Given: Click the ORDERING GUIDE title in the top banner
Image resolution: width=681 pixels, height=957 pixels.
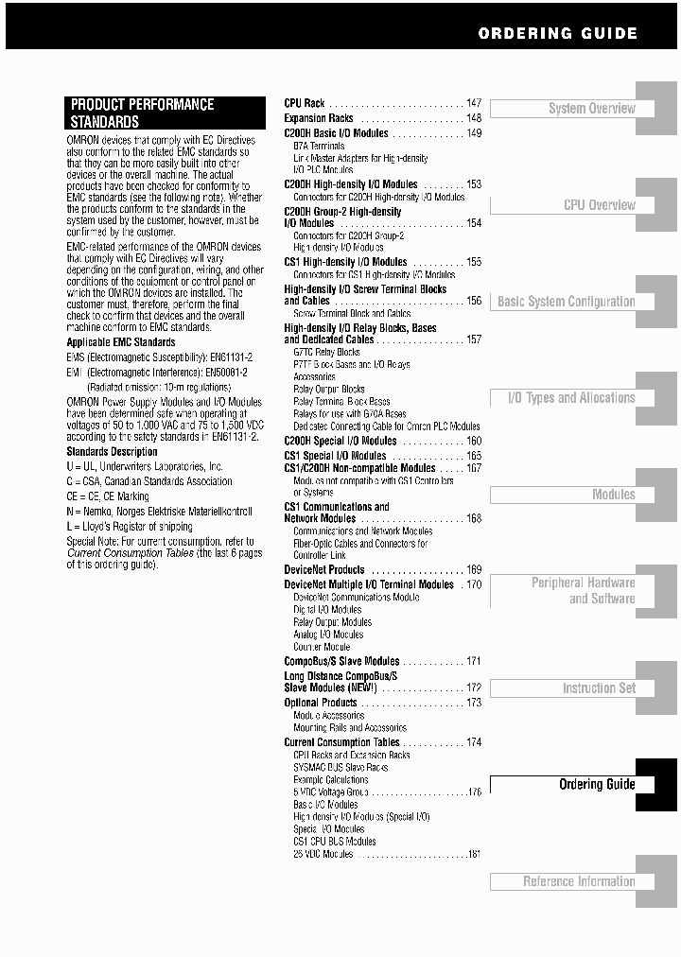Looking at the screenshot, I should [x=557, y=33].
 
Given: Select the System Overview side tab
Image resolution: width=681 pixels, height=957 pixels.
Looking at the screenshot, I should [x=591, y=109].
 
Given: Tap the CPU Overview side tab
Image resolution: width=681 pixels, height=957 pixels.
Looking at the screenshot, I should [x=599, y=205].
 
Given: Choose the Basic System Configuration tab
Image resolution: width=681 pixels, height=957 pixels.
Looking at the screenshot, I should [x=566, y=302].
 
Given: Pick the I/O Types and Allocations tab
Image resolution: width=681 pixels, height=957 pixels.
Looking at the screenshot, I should [x=571, y=398].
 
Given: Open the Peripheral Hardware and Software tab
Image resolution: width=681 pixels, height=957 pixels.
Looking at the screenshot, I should [x=583, y=591].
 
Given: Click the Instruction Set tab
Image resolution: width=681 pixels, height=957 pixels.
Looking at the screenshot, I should [x=599, y=688].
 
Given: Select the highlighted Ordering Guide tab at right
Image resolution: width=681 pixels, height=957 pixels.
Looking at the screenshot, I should [x=596, y=784].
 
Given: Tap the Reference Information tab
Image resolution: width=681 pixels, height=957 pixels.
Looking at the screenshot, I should [x=579, y=881].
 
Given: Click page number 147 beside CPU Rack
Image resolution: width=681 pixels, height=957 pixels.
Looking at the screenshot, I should [x=473, y=103].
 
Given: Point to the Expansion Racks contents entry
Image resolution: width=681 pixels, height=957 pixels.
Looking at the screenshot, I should [x=319, y=118].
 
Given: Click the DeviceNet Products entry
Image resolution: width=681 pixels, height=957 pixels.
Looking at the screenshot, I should [x=324, y=570].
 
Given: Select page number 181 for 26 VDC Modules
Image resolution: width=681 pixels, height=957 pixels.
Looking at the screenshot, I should [x=474, y=854].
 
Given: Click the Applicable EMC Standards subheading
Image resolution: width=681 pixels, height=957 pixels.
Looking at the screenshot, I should [x=121, y=342].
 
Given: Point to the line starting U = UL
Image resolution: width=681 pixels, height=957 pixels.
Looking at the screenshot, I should [x=144, y=467].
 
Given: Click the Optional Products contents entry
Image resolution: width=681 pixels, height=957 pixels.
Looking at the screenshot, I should [x=321, y=703].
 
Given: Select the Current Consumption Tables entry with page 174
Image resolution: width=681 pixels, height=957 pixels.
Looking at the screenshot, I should [x=341, y=742].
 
